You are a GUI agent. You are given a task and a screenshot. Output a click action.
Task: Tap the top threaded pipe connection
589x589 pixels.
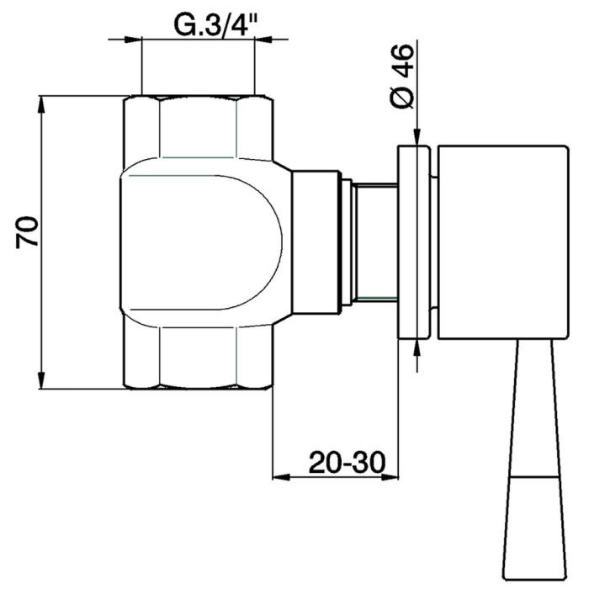tap(199, 126)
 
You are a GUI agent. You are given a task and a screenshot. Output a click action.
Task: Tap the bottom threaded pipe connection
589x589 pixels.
tap(199, 358)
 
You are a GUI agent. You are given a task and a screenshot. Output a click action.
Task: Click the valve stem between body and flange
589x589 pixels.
tap(375, 242)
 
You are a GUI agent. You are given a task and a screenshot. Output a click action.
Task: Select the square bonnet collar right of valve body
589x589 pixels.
tap(316, 242)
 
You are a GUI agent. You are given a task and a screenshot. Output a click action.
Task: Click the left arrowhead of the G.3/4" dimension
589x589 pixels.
tap(133, 38)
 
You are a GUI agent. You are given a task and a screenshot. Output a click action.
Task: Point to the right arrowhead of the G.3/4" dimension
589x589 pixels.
tap(264, 38)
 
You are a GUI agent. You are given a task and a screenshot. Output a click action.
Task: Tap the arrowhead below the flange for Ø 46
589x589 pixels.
tap(416, 347)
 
